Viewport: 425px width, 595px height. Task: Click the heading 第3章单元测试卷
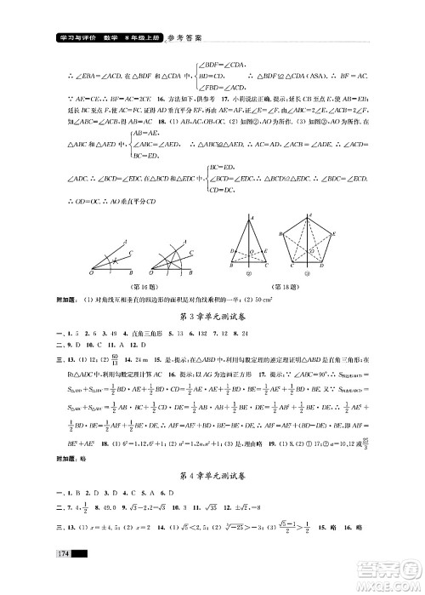[x=212, y=317]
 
